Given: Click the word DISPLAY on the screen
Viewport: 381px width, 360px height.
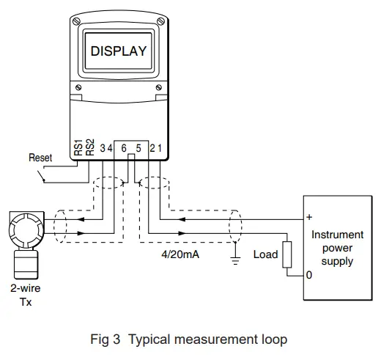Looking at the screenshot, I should [118, 52].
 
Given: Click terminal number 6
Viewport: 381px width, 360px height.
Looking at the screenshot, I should [124, 149].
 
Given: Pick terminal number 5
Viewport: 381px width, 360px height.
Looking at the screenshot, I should [138, 149].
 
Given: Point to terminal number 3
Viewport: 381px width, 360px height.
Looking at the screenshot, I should [102, 149].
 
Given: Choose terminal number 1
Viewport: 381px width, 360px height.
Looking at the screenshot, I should [159, 149].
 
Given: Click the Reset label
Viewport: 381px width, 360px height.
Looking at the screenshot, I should [40, 157].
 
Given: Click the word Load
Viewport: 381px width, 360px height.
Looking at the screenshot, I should [265, 255].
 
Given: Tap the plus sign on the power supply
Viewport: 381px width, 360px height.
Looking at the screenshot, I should [310, 217].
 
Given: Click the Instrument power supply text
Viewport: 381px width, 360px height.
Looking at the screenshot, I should [337, 248].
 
